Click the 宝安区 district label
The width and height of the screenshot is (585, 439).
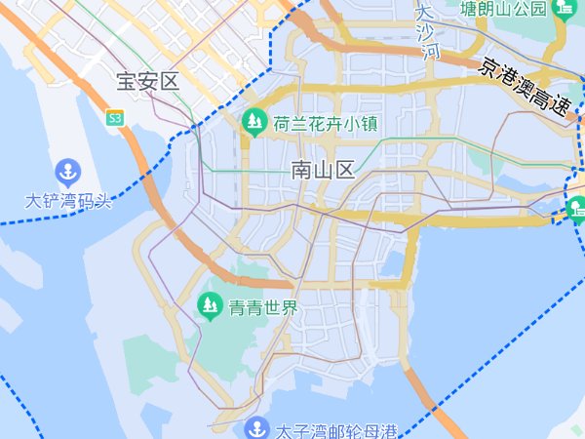point(148,81)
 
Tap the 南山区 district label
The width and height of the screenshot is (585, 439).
point(323,171)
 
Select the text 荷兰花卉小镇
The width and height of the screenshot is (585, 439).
point(326,123)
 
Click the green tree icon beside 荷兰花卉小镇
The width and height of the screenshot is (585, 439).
point(254,122)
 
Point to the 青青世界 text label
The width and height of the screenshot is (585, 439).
point(262,308)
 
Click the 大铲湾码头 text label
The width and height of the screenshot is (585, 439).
point(69,201)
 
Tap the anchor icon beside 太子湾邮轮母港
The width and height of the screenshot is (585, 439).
point(256,428)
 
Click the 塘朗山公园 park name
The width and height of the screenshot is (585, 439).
point(503,9)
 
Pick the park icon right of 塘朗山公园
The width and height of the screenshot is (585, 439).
point(565,9)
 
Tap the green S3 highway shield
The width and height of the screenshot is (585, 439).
point(115,117)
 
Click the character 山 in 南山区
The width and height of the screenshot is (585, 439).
point(323,171)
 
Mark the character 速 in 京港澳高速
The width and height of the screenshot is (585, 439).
point(560,105)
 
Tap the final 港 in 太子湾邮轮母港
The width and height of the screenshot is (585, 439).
point(390,430)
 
